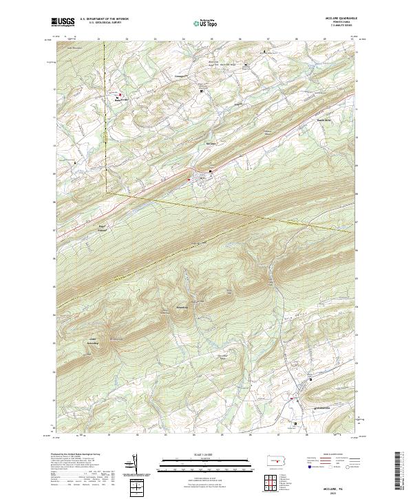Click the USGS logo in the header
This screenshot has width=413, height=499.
(61, 22)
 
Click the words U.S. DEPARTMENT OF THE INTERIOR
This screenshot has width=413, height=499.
(104, 19)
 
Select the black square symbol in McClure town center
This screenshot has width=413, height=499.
(211, 171)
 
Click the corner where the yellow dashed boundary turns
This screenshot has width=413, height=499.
(107, 192)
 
